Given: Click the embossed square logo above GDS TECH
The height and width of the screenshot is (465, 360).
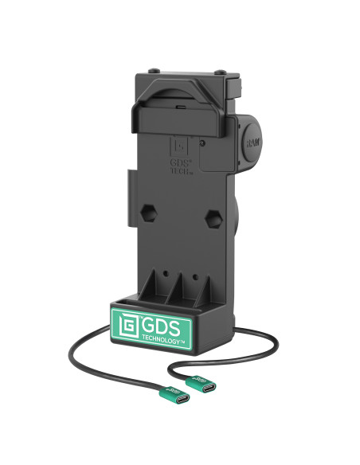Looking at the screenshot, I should point(180,147).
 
